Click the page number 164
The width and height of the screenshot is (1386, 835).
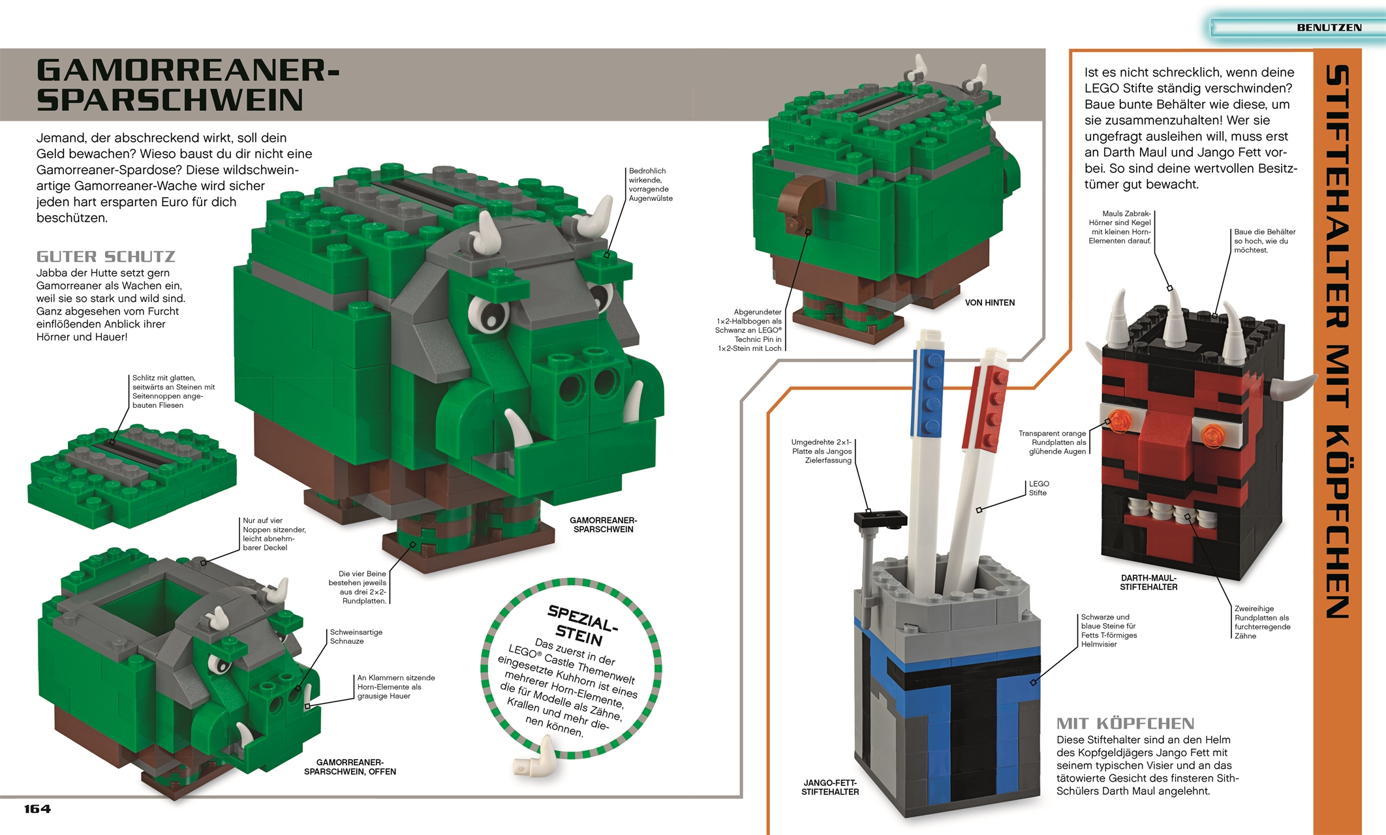37,809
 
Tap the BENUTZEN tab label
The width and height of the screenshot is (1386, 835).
1329,27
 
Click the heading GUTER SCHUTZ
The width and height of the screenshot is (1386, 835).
106,256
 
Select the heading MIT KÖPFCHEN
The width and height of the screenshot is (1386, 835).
1125,723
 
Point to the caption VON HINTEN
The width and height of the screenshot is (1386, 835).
989,303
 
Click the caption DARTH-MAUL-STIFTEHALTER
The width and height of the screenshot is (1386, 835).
1148,583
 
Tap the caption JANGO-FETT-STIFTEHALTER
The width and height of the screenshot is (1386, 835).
830,787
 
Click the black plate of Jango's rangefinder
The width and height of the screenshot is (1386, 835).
880,519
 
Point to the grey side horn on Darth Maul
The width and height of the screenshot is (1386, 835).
1292,388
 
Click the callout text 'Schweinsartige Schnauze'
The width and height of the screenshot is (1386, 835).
356,637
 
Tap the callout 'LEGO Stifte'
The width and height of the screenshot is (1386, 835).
1038,488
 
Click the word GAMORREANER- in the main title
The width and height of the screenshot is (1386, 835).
188,70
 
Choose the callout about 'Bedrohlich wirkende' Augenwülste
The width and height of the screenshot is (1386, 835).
650,185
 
